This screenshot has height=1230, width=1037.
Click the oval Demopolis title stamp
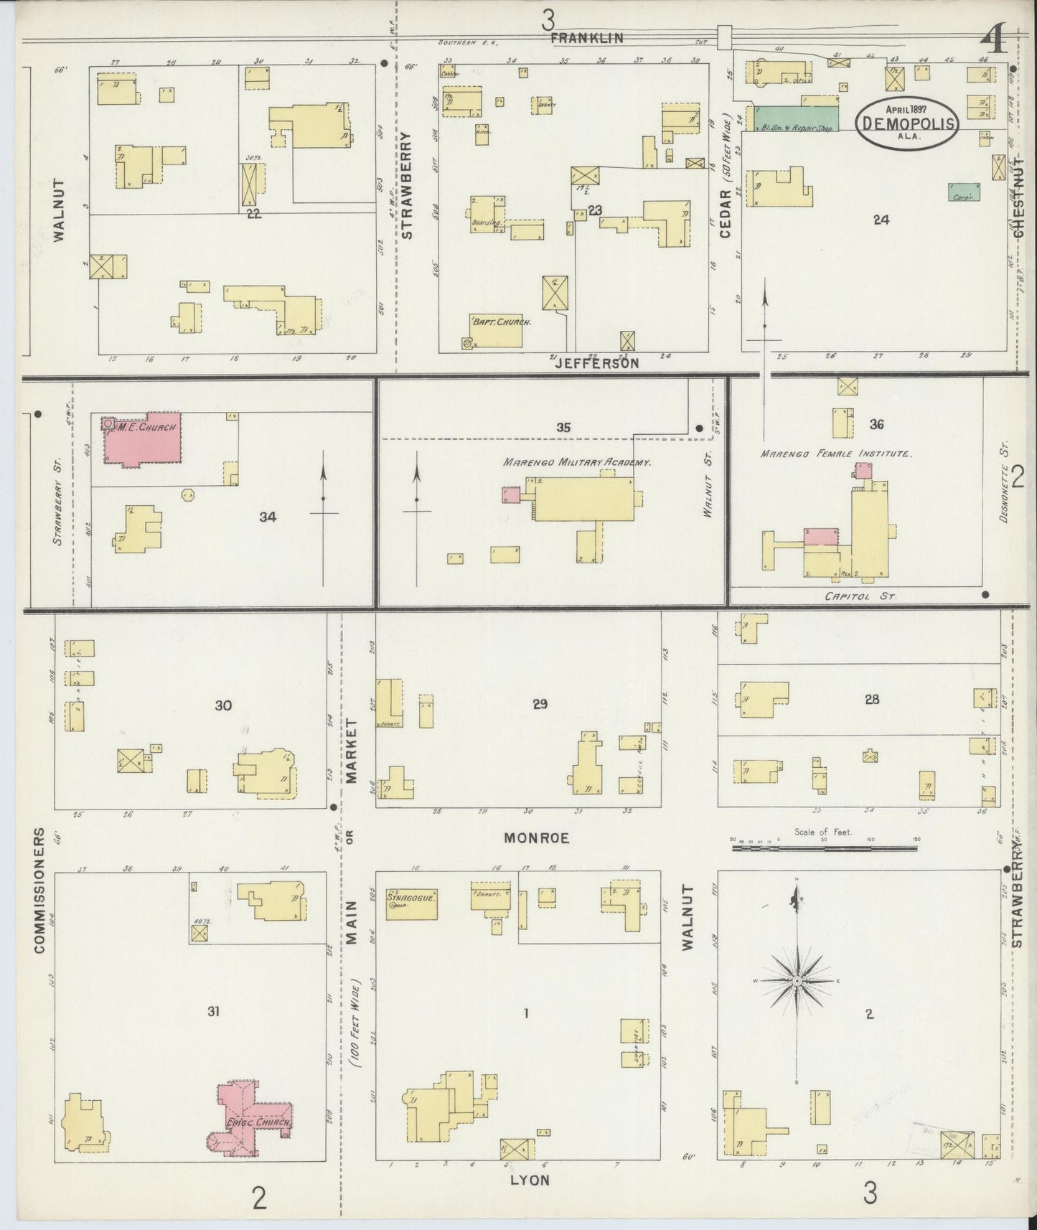click(x=909, y=123)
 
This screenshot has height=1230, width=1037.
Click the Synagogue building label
click(x=412, y=897)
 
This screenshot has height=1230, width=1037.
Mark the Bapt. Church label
click(x=501, y=323)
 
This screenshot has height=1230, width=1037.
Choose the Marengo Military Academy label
click(x=578, y=463)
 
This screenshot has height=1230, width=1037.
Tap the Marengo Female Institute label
click(x=836, y=454)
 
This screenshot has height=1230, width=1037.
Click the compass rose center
click(x=797, y=980)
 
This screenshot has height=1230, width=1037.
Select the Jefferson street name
click(x=597, y=364)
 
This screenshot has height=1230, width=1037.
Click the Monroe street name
click(x=536, y=837)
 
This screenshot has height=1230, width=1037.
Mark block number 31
click(x=213, y=1012)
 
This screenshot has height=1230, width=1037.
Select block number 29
click(x=540, y=705)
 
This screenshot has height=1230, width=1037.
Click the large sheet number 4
click(x=995, y=38)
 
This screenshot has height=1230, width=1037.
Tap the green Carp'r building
click(x=964, y=192)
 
